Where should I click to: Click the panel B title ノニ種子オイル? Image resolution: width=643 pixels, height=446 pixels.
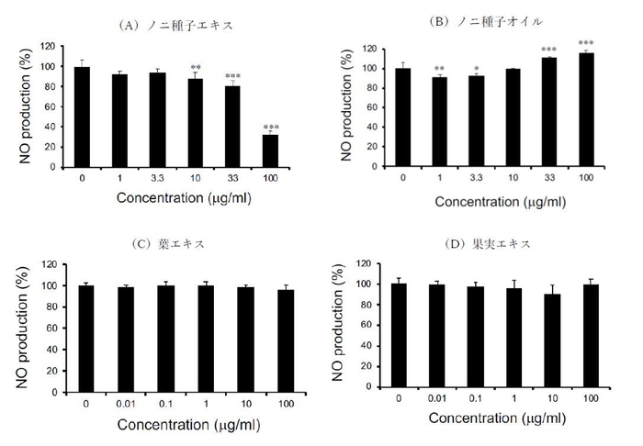(495, 19)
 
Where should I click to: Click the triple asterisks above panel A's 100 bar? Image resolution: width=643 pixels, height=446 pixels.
(271, 128)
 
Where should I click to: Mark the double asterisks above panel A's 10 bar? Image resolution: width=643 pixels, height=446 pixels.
(195, 68)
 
